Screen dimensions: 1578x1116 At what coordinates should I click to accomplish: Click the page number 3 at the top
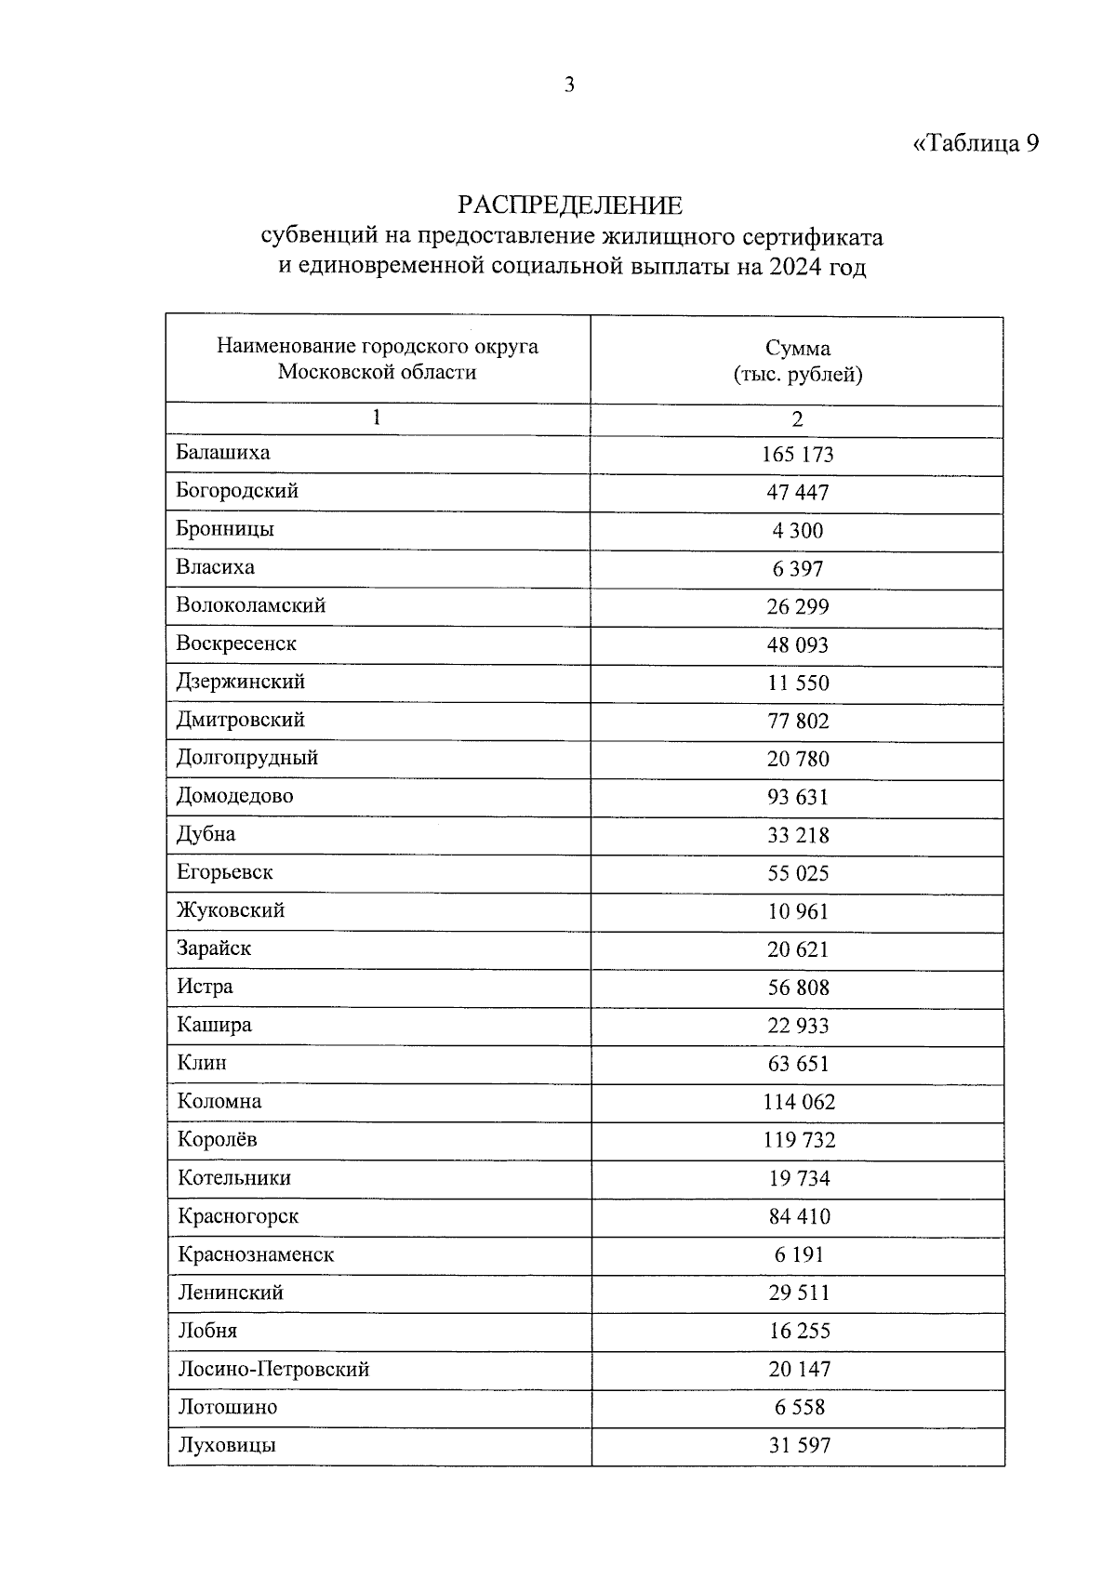(x=569, y=86)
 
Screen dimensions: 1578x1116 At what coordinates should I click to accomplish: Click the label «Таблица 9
(x=975, y=143)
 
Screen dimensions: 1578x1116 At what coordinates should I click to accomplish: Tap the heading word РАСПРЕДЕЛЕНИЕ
(x=569, y=205)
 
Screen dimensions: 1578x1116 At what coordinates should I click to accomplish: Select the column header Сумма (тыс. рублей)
(x=797, y=362)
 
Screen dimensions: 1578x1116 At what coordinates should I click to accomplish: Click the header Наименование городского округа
(x=378, y=347)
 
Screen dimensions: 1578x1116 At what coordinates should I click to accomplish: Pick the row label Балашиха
(x=223, y=453)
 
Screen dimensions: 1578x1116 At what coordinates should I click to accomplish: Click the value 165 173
(x=798, y=455)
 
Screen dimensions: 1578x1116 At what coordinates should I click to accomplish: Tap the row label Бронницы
(x=225, y=529)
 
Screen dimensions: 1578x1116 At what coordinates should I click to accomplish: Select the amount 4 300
(x=798, y=531)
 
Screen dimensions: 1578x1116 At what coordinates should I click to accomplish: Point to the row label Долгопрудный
(x=247, y=758)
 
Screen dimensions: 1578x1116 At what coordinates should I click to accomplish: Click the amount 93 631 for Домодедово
(x=798, y=798)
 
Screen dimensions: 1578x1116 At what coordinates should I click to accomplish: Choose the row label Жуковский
(x=231, y=910)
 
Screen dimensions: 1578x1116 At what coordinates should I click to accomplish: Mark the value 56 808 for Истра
(x=798, y=988)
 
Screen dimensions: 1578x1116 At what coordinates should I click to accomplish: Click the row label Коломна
(x=219, y=1102)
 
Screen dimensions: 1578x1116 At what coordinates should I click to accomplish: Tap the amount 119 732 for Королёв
(x=799, y=1141)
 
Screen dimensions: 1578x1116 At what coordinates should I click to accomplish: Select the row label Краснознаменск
(x=256, y=1254)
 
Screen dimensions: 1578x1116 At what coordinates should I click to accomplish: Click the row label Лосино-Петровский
(x=273, y=1370)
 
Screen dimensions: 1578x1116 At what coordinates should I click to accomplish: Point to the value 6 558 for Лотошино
(x=800, y=1408)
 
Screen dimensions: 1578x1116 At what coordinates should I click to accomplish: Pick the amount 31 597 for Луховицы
(x=800, y=1446)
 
